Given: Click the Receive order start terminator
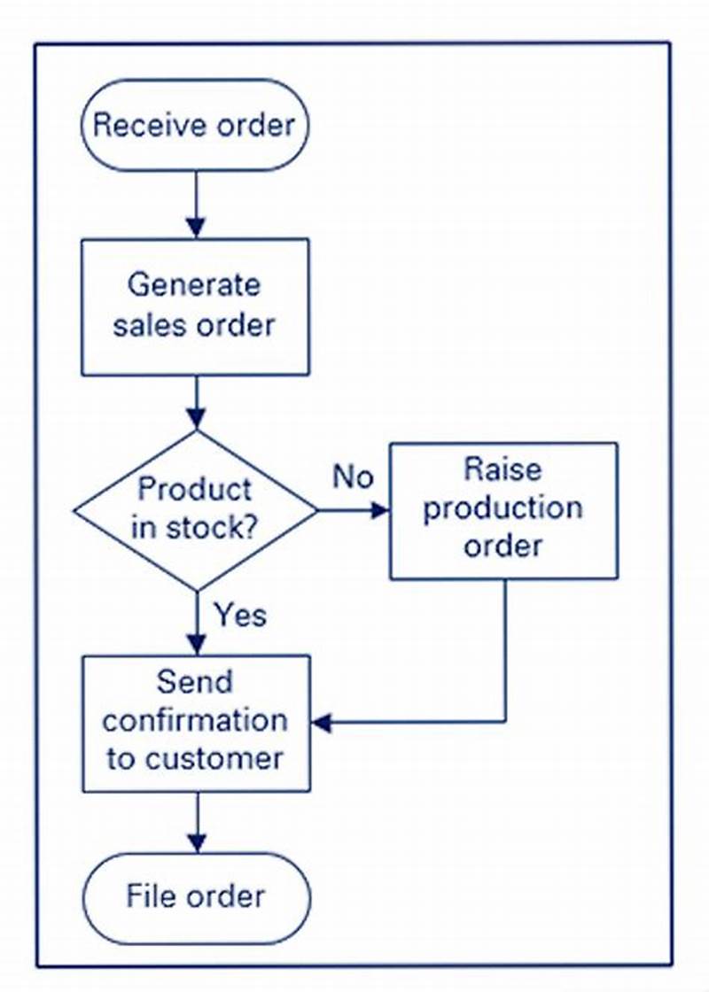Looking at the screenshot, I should [x=196, y=126].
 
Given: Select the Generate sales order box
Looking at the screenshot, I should [x=196, y=306].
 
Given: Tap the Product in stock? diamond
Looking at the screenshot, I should [x=195, y=510].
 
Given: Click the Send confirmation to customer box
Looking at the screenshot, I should [x=196, y=723].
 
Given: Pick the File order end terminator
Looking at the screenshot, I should [x=196, y=895].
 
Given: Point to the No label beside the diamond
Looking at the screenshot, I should [x=353, y=477].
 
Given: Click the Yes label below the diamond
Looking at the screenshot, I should [x=239, y=615].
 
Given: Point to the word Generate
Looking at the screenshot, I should [x=194, y=285].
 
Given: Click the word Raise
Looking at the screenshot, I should [x=503, y=469].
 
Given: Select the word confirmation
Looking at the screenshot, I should [x=195, y=720].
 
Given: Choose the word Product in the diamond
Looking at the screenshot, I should [x=195, y=489].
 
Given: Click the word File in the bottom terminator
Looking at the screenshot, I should [x=148, y=895].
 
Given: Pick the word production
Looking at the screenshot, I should [x=503, y=508].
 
